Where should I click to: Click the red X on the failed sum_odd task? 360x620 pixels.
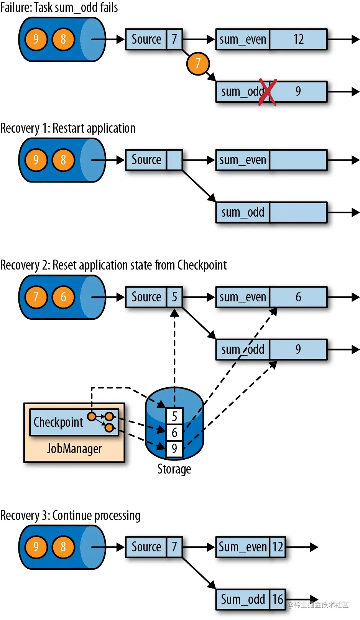tap(267, 92)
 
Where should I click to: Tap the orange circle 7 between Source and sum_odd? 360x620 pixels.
tap(198, 63)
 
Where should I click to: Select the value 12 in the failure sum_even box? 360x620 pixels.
tap(298, 39)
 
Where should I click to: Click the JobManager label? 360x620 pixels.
tap(74, 449)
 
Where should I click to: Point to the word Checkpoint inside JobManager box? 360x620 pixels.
tap(58, 422)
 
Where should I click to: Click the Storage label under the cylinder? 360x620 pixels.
tap(174, 469)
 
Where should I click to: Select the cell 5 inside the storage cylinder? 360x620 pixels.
tap(174, 416)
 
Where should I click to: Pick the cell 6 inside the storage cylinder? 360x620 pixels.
tap(174, 433)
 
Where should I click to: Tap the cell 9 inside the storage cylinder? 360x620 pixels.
tap(174, 449)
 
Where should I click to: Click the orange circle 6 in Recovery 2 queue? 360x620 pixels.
tap(63, 297)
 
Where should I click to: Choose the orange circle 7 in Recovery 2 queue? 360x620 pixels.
tap(36, 297)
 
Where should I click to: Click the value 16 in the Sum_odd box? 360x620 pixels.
tap(278, 599)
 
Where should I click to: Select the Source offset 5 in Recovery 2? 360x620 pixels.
tap(174, 297)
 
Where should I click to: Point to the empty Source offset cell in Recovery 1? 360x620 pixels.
tap(174, 160)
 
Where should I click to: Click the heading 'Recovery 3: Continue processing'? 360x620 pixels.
tap(70, 516)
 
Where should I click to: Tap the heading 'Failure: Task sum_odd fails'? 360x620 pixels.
tap(59, 7)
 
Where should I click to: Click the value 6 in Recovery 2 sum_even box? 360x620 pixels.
tap(298, 297)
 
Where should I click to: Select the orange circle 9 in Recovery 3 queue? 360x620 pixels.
tap(36, 547)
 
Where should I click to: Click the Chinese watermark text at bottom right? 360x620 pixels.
tap(318, 605)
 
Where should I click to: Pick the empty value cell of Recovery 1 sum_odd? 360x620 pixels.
tap(298, 212)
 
